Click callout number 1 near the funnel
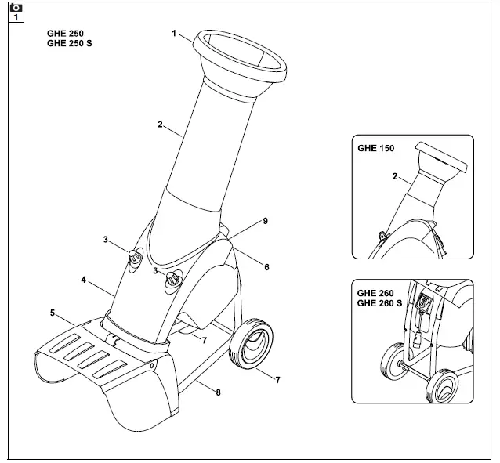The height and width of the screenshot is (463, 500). click(174, 34)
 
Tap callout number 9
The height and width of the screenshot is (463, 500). click(266, 222)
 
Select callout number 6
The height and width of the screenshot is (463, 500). click(266, 267)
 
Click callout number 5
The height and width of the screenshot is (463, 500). click(53, 313)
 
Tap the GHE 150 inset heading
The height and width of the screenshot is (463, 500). click(375, 147)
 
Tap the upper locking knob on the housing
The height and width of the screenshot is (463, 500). click(136, 256)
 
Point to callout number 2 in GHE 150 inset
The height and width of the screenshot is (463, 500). click(394, 177)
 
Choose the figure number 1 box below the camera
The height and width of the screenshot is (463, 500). click(15, 17)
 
